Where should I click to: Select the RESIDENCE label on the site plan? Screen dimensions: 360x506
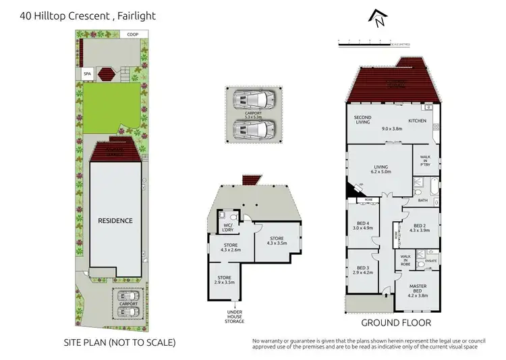[115, 220]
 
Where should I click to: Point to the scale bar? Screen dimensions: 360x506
[372, 42]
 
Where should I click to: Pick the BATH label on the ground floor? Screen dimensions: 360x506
[423, 200]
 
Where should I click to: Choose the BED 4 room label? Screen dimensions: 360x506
[364, 226]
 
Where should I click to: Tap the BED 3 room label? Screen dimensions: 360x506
[363, 271]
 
